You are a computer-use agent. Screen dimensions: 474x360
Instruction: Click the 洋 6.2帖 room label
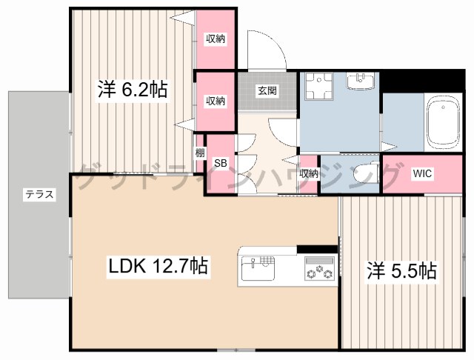(133, 89)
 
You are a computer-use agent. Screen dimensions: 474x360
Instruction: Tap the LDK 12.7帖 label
(158, 266)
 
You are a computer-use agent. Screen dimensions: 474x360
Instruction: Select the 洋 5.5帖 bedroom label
(401, 270)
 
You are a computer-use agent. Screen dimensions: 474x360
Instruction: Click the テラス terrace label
(39, 194)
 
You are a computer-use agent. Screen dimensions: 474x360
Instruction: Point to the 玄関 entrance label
(267, 90)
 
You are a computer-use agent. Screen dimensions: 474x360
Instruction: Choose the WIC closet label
(422, 173)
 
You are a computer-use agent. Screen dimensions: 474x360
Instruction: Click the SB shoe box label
(221, 163)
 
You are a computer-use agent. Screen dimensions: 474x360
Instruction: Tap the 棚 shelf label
(199, 153)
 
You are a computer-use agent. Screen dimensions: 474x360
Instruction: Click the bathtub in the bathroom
(443, 123)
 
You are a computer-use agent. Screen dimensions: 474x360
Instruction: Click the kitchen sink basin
(258, 268)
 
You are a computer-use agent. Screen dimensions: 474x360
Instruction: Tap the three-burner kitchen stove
(320, 268)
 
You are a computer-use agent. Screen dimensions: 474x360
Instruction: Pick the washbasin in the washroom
(361, 81)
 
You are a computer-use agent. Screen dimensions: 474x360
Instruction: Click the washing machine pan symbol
(318, 87)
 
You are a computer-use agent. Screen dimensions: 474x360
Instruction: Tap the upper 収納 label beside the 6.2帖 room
(216, 39)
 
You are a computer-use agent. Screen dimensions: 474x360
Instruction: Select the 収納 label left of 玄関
(216, 101)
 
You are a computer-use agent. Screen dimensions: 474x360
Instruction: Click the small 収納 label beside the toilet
(309, 173)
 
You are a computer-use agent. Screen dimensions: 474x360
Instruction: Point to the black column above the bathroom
(422, 81)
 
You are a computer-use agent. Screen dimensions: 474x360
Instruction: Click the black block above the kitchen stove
(317, 249)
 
